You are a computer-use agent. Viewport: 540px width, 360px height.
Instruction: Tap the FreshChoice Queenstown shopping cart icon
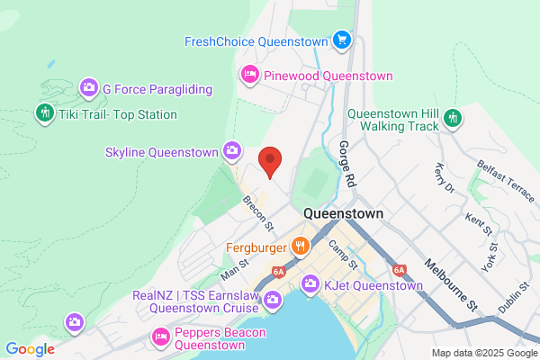341,40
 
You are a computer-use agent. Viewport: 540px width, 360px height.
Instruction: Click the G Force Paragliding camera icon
89,88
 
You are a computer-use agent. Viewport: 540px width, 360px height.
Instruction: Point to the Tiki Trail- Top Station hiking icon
44,113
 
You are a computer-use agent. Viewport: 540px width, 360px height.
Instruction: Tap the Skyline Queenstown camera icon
233,150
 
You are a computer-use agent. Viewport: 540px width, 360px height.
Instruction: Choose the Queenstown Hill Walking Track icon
454,118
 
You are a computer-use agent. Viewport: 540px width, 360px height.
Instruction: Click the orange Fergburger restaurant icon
301,245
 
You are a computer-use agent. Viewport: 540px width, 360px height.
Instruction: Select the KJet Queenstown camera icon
310,285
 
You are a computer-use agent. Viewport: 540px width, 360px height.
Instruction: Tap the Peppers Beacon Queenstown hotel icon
161,337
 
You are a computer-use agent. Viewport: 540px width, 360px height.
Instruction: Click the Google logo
31,349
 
